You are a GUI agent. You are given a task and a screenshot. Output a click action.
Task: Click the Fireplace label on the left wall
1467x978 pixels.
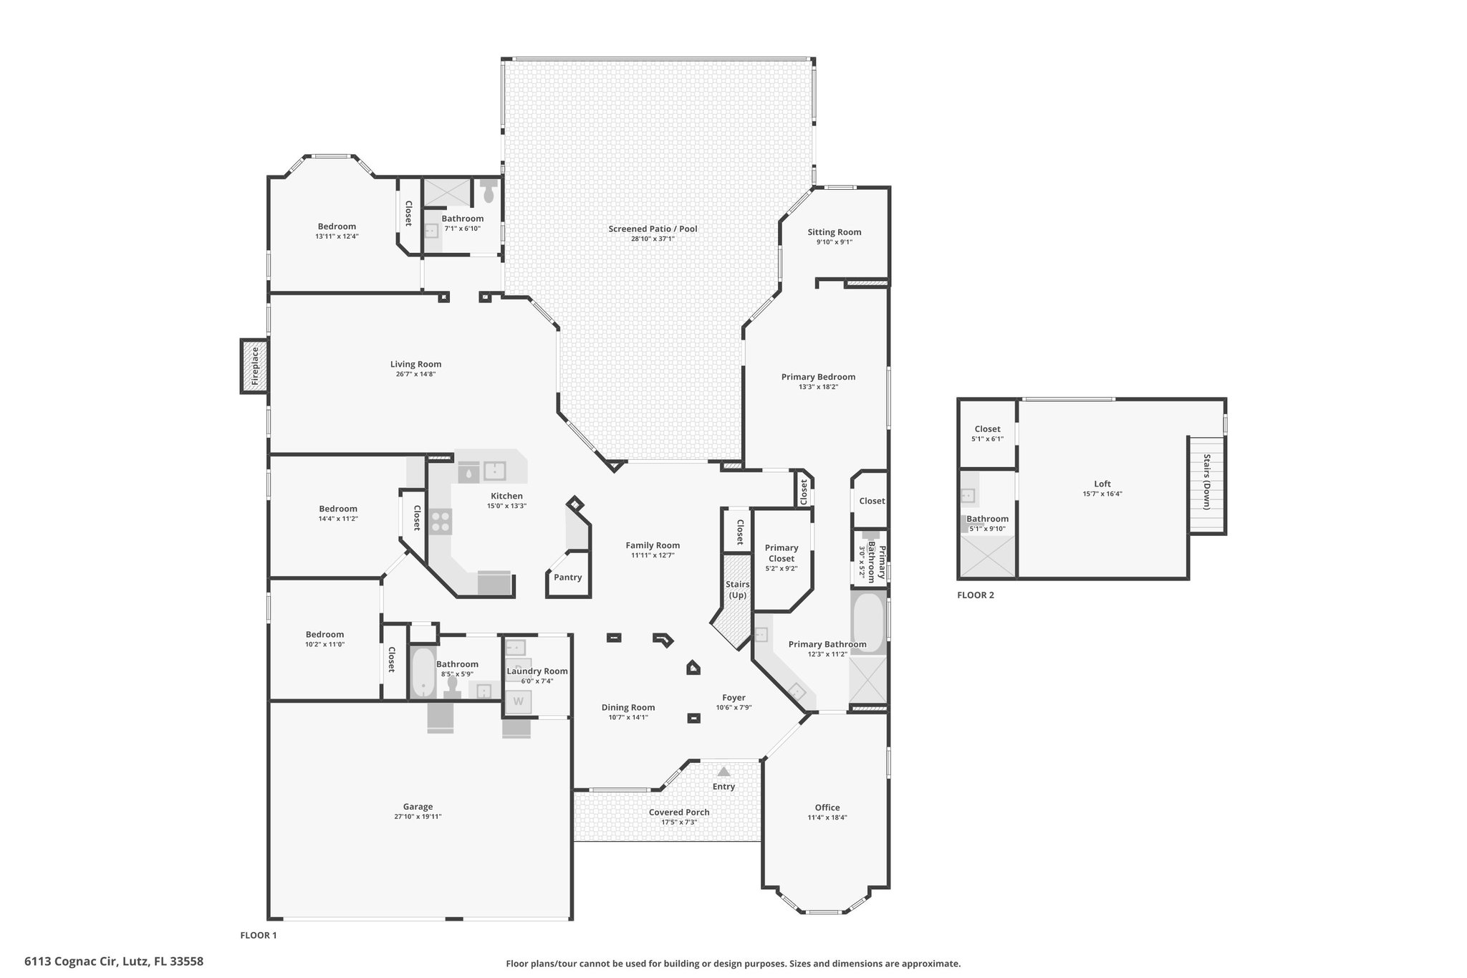[x=254, y=366]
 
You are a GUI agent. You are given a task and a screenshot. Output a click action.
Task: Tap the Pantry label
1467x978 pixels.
[x=568, y=577]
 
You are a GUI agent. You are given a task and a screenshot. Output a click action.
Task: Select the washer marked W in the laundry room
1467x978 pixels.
[x=518, y=701]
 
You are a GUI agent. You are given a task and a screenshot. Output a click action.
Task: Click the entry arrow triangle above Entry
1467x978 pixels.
[x=724, y=772]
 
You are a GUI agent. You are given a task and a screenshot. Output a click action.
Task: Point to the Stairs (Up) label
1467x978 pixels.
[x=738, y=590]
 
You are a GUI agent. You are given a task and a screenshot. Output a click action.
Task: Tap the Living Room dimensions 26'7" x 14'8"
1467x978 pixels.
[x=415, y=374]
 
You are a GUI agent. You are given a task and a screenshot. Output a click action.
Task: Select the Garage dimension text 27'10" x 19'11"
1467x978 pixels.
[x=418, y=816]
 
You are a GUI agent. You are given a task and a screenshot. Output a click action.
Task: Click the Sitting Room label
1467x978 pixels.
[x=834, y=232]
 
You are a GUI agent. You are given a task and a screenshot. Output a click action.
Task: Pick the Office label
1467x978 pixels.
[x=827, y=807]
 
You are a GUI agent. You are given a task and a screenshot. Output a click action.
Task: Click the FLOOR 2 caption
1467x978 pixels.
[x=976, y=595]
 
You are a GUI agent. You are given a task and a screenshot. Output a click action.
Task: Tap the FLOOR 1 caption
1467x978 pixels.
[x=258, y=935]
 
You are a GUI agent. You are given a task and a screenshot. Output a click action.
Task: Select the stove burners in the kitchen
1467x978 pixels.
[x=441, y=521]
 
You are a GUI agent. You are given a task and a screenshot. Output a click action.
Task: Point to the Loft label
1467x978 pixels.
[x=1102, y=484]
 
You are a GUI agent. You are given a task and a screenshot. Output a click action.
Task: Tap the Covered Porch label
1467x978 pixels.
[x=679, y=812]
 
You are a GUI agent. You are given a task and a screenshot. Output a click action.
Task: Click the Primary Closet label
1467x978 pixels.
[x=781, y=553]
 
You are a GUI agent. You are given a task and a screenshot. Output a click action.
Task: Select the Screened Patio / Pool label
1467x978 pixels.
[x=653, y=229]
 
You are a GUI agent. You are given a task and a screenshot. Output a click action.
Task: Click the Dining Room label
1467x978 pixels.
[x=628, y=707]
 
